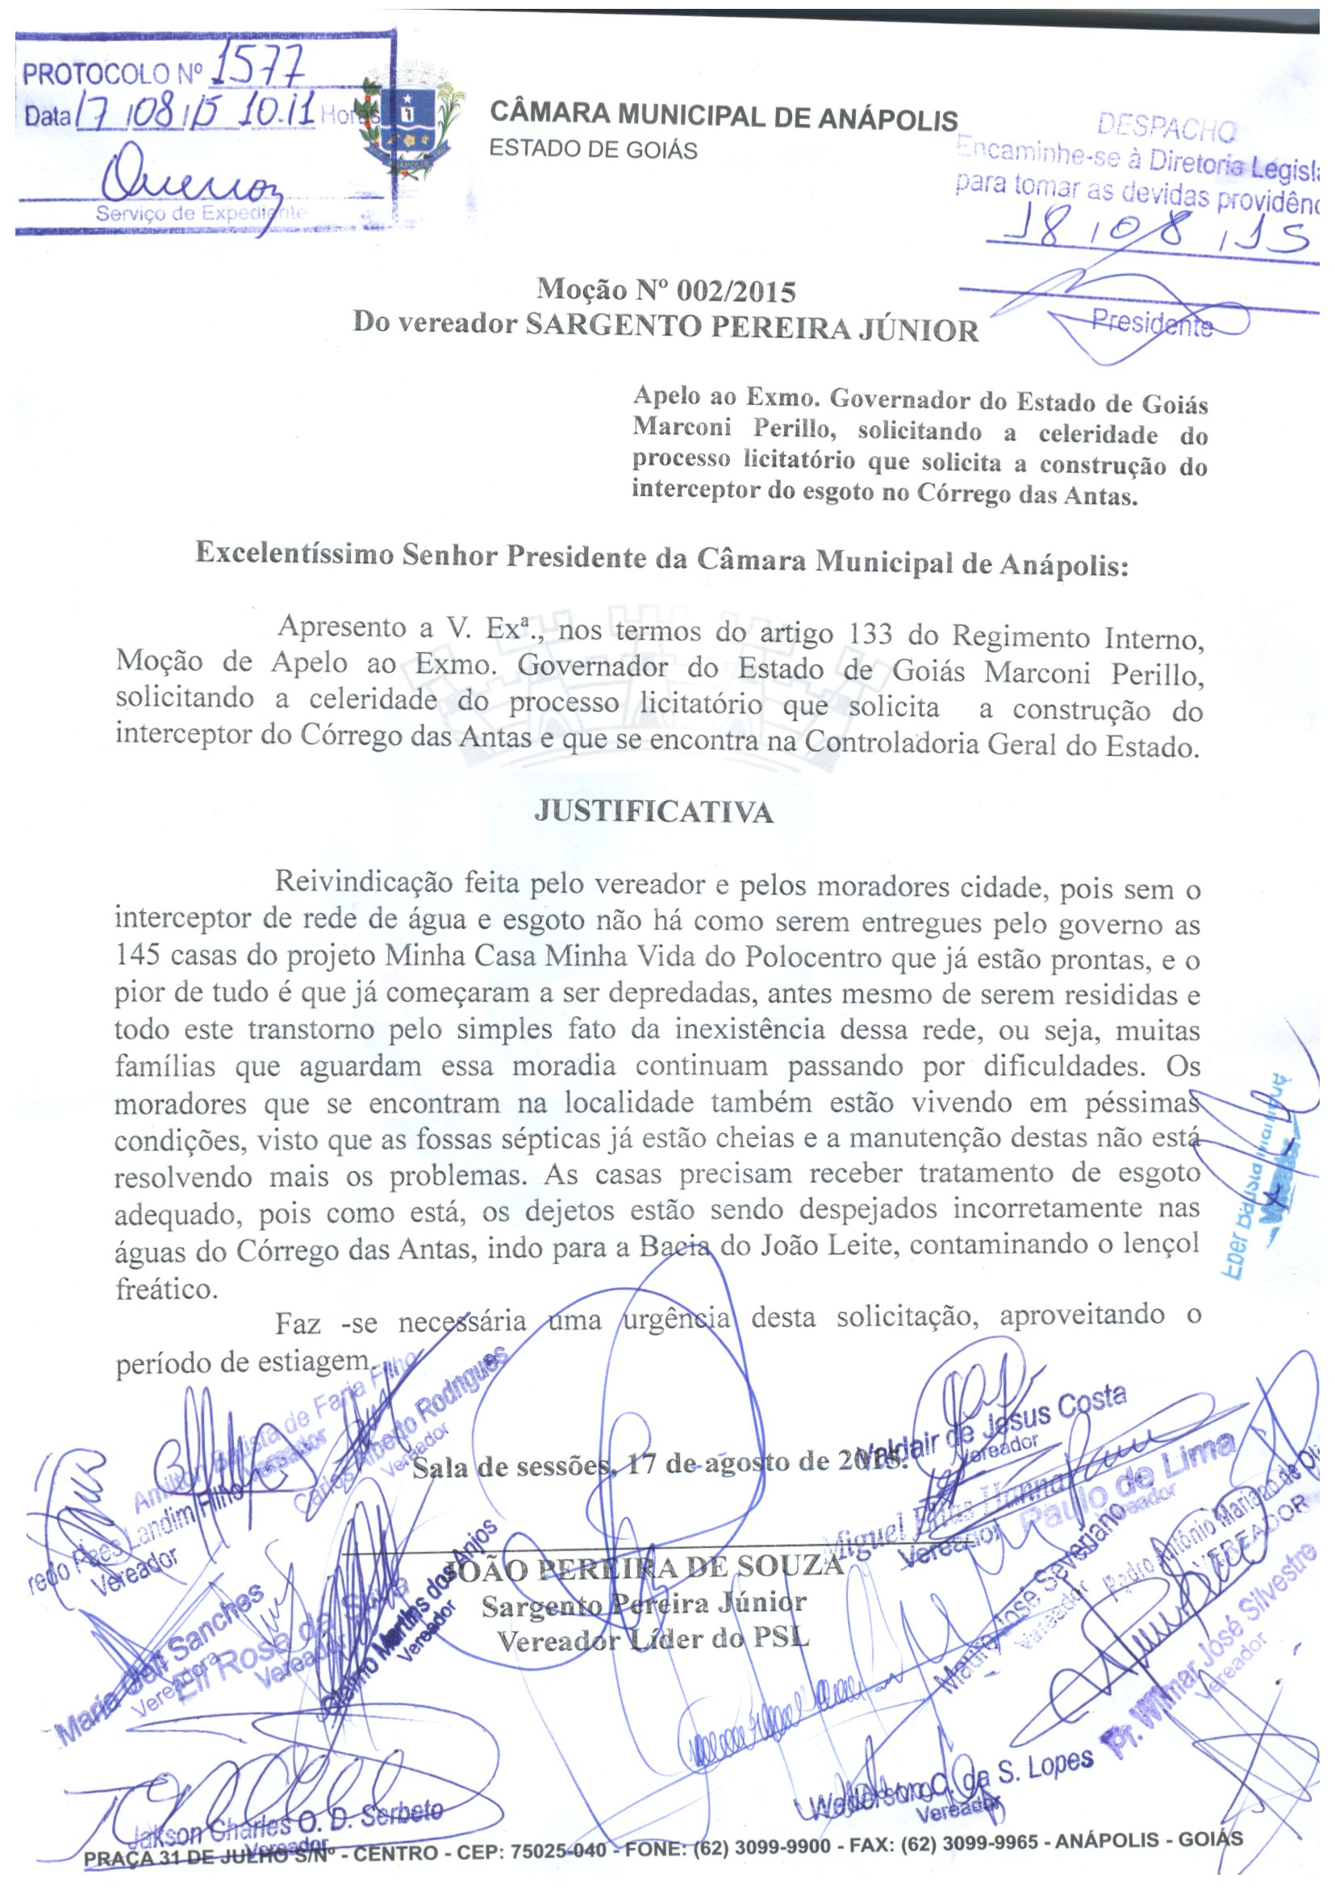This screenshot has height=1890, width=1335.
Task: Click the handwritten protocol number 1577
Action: point(257,69)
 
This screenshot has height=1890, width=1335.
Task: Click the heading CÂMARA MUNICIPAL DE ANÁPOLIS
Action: point(724,116)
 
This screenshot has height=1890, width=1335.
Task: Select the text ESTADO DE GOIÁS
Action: point(594,150)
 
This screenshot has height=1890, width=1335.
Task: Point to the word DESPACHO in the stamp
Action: point(1166,128)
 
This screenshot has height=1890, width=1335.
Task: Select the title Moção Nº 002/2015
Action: point(665,290)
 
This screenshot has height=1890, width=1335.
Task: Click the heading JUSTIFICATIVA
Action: point(653,812)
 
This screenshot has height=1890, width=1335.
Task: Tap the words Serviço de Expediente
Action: point(201,213)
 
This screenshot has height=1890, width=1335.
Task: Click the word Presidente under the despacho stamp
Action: point(1151,323)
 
